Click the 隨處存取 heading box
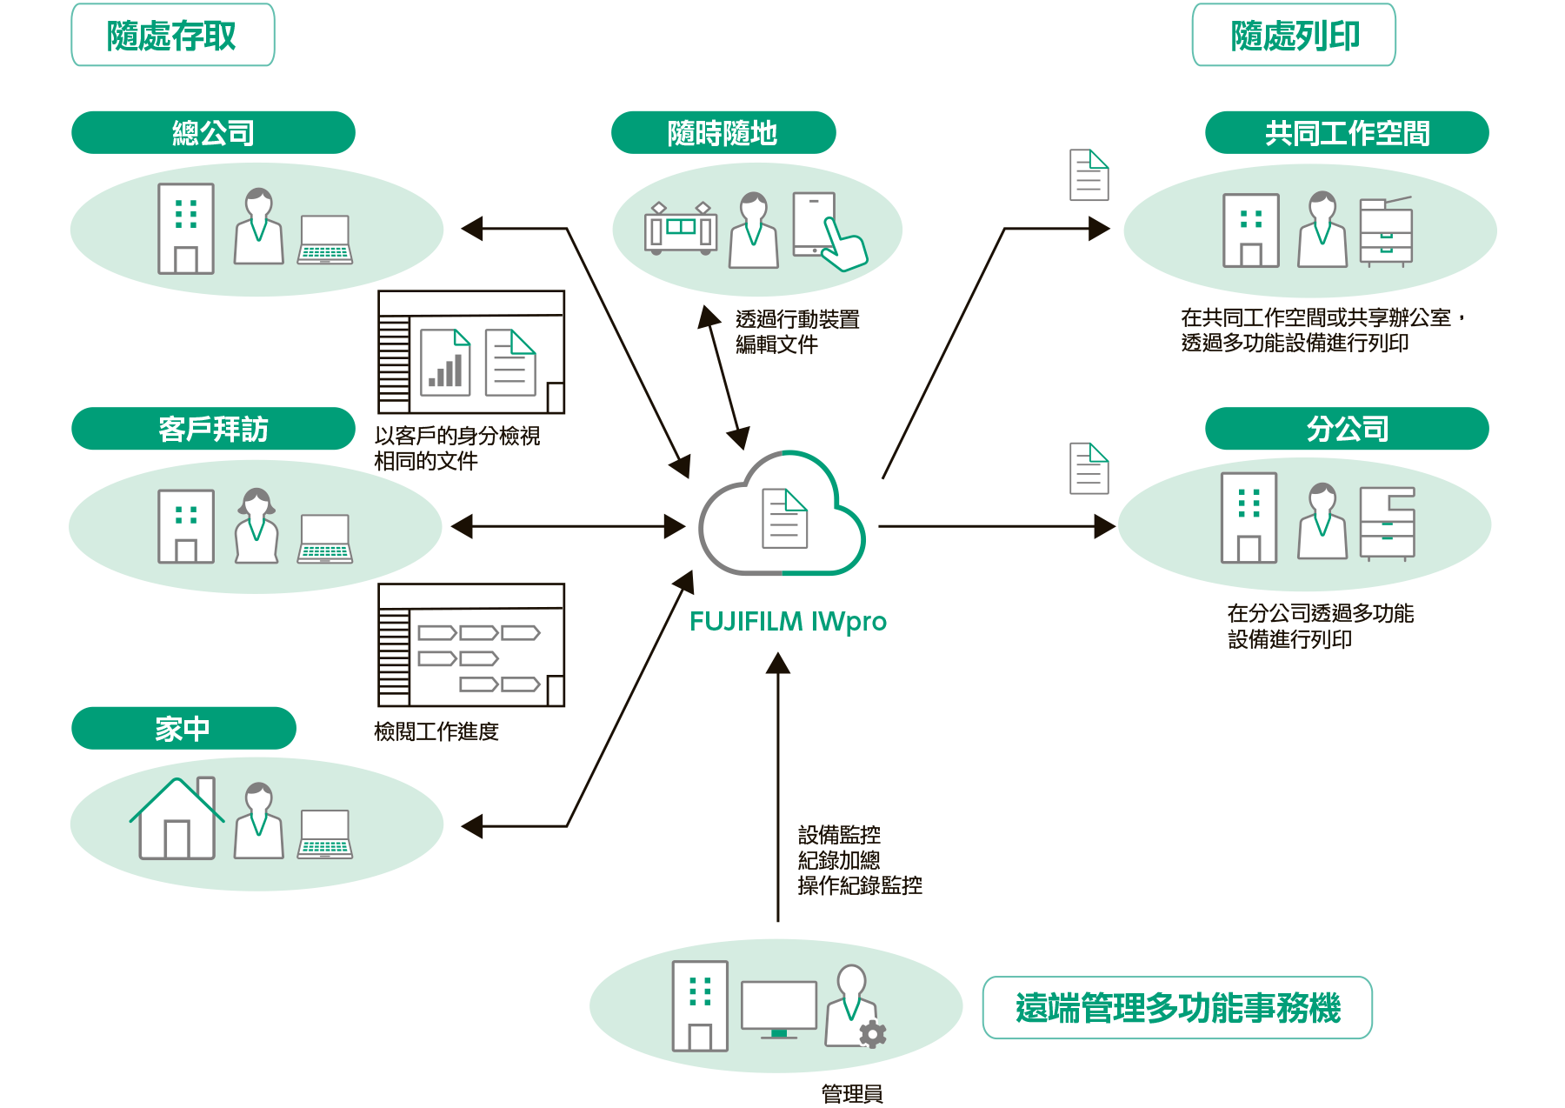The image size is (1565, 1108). pyautogui.click(x=172, y=36)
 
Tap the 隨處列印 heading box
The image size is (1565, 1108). pyautogui.click(x=1294, y=36)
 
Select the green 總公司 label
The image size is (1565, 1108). pyautogui.click(x=213, y=133)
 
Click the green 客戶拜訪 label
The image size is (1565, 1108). pyautogui.click(x=213, y=429)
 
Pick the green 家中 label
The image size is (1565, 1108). pyautogui.click(x=183, y=728)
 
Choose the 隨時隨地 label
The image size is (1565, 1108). pyautogui.click(x=723, y=133)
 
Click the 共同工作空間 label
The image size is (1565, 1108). pyautogui.click(x=1346, y=133)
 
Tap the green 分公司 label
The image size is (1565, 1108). pyautogui.click(x=1346, y=429)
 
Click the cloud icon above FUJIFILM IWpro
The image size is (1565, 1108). pyautogui.click(x=782, y=515)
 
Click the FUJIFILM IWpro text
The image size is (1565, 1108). pyautogui.click(x=788, y=622)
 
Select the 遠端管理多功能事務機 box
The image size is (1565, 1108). pyautogui.click(x=1177, y=1008)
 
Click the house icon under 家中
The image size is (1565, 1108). pyautogui.click(x=177, y=819)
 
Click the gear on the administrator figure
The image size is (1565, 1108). pyautogui.click(x=872, y=1033)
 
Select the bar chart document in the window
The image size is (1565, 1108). pyautogui.click(x=445, y=363)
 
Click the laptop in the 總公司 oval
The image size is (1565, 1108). pyautogui.click(x=324, y=239)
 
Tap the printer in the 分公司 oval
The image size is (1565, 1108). pyautogui.click(x=1387, y=524)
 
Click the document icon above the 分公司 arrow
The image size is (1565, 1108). pyautogui.click(x=1089, y=469)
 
